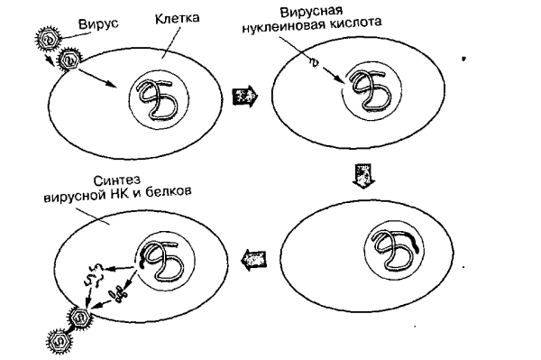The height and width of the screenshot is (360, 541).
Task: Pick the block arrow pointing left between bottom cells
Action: (252, 260)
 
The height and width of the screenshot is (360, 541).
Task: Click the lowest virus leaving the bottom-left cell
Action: (57, 341)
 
